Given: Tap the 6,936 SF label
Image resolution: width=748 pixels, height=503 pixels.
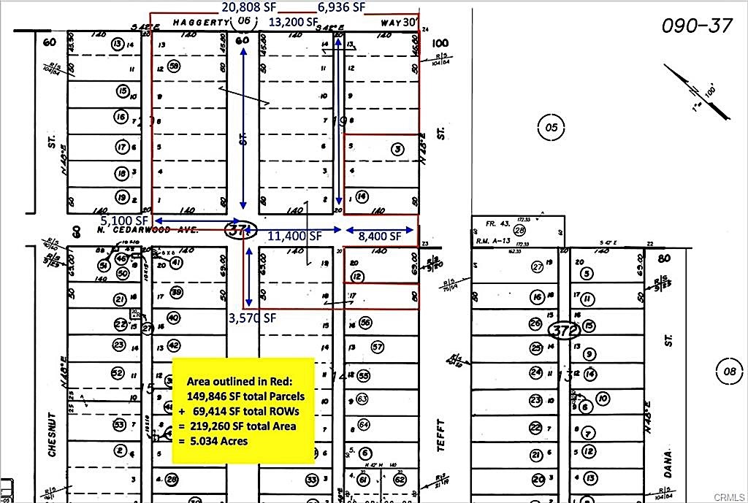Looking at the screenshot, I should (x=341, y=7).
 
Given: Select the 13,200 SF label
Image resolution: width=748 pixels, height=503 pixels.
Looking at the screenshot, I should (x=293, y=23).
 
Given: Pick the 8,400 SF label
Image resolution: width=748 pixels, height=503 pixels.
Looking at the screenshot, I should (x=380, y=236).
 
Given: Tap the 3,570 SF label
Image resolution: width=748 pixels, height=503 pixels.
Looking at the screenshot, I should (x=252, y=318).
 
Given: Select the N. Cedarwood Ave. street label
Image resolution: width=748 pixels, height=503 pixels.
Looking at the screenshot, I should (x=139, y=230).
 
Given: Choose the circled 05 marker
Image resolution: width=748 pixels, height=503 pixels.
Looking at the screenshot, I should (x=551, y=128).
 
